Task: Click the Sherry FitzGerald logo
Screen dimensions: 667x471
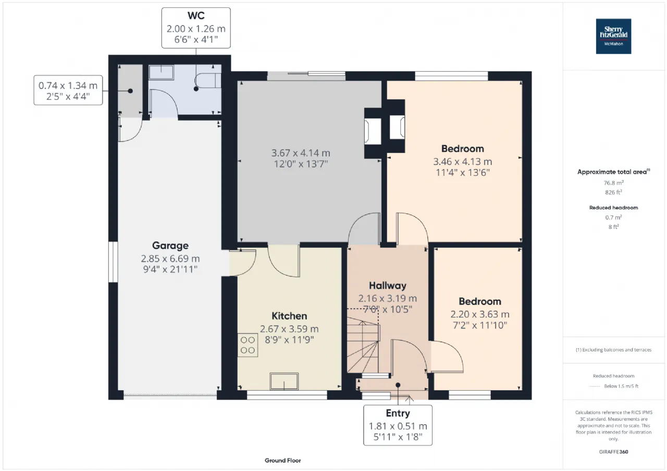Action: [x=613, y=36]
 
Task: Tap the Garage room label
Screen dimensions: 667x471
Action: [x=170, y=245]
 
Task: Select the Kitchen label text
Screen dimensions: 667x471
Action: [x=289, y=316]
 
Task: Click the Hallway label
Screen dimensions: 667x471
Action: [x=387, y=285]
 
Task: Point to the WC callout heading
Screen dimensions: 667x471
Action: [x=196, y=16]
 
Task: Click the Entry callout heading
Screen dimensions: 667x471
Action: [x=398, y=413]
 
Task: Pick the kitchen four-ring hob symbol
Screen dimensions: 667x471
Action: [x=248, y=345]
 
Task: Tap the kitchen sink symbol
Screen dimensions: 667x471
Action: [x=284, y=381]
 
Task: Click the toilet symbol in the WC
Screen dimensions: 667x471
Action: [x=208, y=81]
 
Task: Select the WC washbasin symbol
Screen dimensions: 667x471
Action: [x=161, y=72]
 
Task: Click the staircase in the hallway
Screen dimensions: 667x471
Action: [x=363, y=345]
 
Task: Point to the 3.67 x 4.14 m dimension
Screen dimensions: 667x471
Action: [x=301, y=153]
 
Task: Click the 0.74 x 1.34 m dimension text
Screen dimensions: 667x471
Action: [x=68, y=86]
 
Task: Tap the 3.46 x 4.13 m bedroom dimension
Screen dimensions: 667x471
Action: [x=462, y=161]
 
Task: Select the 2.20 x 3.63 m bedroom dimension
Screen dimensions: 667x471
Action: [x=480, y=314]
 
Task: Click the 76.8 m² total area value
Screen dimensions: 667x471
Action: [x=613, y=183]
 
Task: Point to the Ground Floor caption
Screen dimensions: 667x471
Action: [x=282, y=460]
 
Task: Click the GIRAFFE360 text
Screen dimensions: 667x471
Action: [x=613, y=452]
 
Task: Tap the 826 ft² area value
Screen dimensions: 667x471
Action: [x=613, y=193]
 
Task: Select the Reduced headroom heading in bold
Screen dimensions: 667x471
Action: [x=613, y=208]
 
